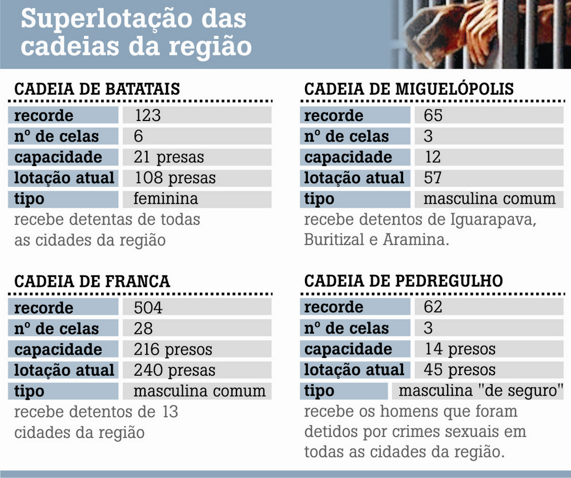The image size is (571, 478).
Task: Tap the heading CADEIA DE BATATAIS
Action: pos(96,90)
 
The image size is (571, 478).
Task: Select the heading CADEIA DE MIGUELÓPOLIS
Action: pos(409,90)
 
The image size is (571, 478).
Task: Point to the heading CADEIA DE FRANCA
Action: pos(92,282)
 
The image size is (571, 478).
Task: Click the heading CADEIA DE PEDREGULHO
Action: pos(403,281)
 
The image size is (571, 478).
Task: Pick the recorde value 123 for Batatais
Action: pos(148,116)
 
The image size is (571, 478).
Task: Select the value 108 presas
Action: pos(175,178)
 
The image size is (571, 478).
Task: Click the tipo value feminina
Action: pos(166,199)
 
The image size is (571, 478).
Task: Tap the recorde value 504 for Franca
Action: pos(148,308)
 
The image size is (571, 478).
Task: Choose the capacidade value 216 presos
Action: pos(173,350)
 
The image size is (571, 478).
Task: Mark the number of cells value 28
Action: pos(143,329)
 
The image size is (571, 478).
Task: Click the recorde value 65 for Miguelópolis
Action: pos(433,116)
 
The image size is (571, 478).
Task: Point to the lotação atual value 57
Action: pos(433,178)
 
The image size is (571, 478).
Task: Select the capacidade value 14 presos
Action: pos(460,349)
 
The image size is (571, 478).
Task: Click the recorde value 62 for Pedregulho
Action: pos(433,307)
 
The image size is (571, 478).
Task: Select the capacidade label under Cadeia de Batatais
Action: pos(58,157)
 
